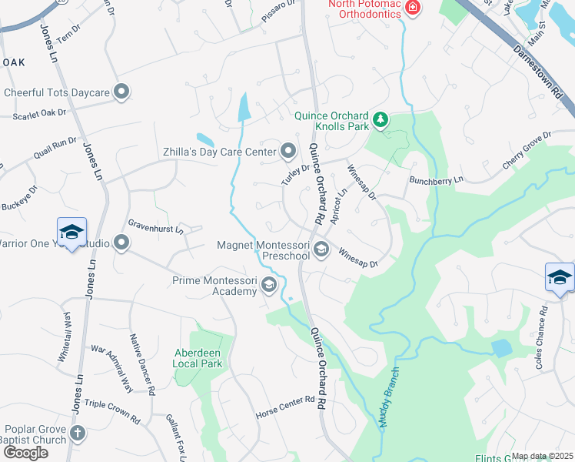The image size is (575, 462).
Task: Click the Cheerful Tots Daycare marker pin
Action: pos(121,92)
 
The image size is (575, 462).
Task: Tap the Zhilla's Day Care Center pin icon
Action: pos(288,151)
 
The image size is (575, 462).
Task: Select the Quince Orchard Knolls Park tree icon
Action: pos(380,120)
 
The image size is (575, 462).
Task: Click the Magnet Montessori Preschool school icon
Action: pos(321,249)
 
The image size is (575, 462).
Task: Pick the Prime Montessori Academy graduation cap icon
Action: pos(268,286)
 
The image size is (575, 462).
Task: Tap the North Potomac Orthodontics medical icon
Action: pos(413,8)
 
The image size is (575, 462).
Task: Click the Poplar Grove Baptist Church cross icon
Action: pos(77,433)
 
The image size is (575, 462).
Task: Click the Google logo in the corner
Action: pos(25,453)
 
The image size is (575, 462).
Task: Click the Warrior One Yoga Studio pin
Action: pos(121,243)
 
